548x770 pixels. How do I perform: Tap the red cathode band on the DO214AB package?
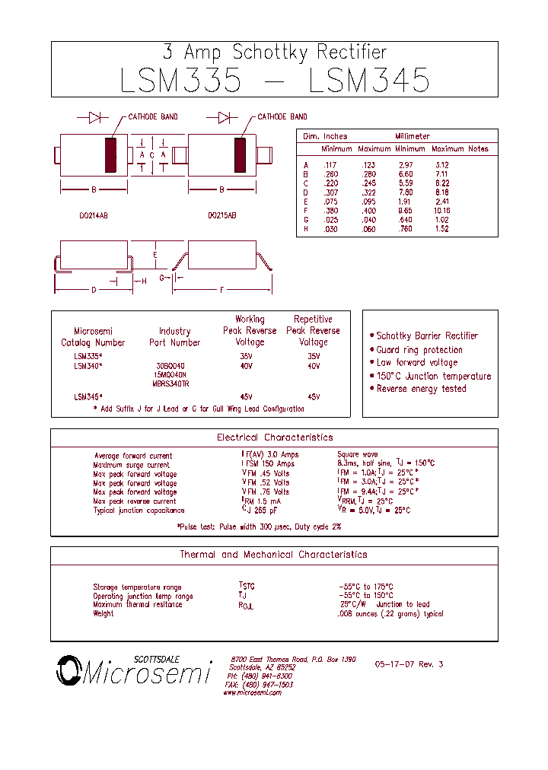coord(111,155)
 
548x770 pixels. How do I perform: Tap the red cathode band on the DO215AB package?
coord(241,155)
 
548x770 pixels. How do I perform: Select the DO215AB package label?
coord(221,216)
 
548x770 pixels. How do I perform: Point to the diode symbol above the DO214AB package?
coord(95,117)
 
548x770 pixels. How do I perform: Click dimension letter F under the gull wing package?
coord(222,290)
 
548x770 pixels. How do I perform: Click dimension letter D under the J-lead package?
coord(94,290)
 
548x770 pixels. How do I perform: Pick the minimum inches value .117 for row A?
coord(329,165)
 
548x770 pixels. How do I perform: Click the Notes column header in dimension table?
coord(479,149)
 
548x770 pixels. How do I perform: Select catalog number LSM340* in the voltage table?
coord(88,366)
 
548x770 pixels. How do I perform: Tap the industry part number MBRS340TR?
coord(170,383)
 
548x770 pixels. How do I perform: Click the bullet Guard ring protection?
coord(419,350)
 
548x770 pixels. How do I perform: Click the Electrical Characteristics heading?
coord(275,437)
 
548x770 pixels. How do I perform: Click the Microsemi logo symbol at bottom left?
coord(68,670)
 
